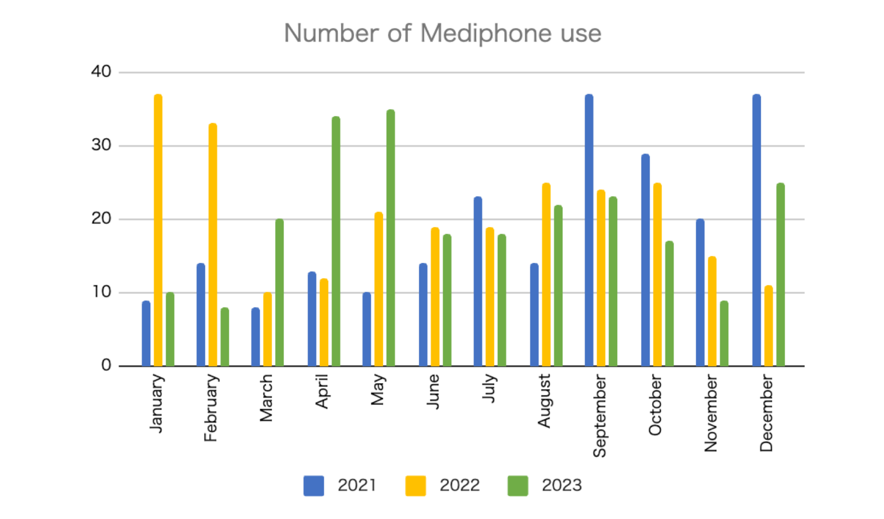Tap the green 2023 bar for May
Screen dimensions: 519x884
tap(391, 238)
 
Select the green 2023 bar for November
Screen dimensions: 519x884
tap(724, 333)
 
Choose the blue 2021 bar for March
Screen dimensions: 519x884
tap(255, 337)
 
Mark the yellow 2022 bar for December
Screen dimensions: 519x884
tap(769, 326)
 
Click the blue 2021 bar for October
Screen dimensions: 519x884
tap(645, 260)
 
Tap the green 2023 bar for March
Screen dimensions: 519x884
tap(280, 293)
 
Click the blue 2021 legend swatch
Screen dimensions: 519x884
tap(314, 486)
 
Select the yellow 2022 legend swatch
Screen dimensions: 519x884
tap(415, 486)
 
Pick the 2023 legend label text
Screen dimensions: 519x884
tap(561, 485)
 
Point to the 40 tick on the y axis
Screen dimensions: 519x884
tap(101, 72)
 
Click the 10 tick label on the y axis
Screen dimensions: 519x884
tap(102, 292)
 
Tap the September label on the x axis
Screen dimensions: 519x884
tap(599, 416)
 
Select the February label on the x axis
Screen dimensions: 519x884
tap(211, 407)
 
